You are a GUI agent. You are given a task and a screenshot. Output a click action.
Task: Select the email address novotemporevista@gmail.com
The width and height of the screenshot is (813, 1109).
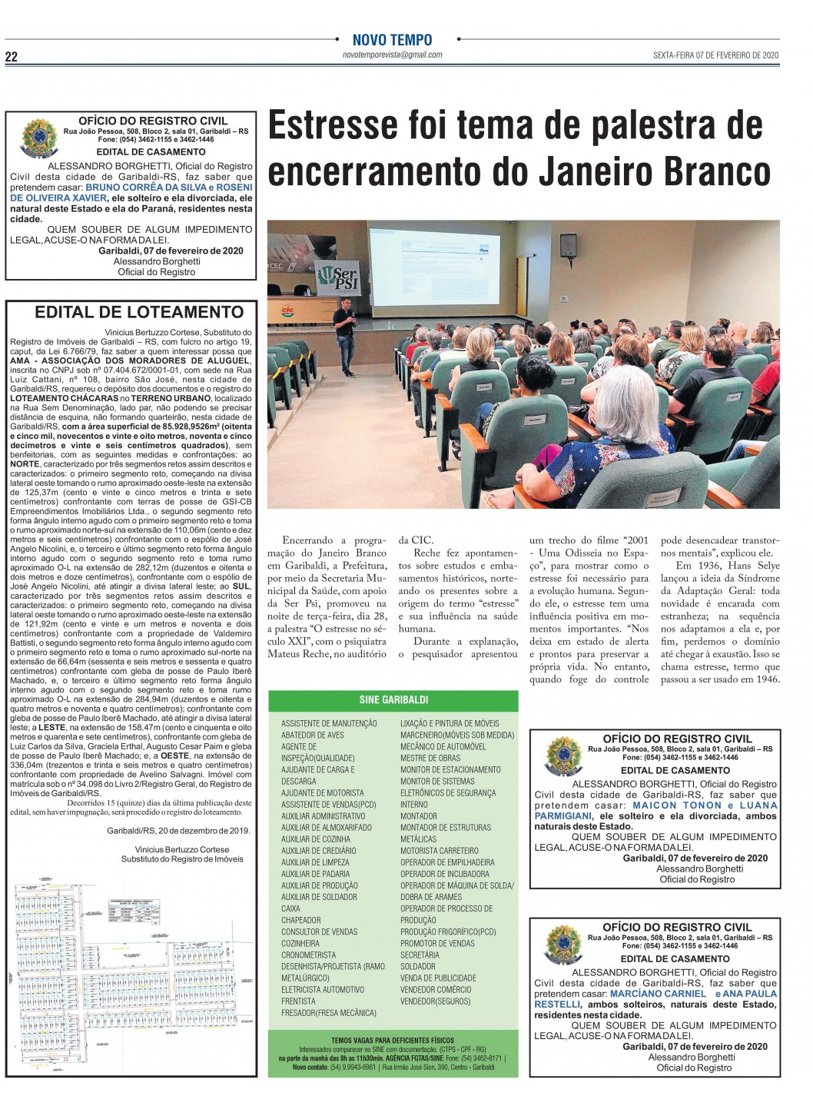coord(392,55)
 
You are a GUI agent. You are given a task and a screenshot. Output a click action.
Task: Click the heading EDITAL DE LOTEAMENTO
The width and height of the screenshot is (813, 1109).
coord(139,312)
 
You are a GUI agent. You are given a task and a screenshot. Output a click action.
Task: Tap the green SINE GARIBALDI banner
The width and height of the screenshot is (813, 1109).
coord(393,700)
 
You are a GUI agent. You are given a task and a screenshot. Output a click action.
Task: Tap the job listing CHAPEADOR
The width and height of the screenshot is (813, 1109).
coord(301,920)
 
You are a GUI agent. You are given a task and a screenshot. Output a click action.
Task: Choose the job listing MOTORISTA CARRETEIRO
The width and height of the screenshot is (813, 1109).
coord(439,851)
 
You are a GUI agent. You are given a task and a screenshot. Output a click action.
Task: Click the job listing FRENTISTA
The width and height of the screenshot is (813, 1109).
coord(298,1001)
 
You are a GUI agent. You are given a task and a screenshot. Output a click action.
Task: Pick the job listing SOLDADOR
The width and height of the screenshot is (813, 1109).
coord(418,966)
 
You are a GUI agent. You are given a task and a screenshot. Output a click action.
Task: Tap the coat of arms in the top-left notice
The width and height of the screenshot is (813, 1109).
coord(40,138)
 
